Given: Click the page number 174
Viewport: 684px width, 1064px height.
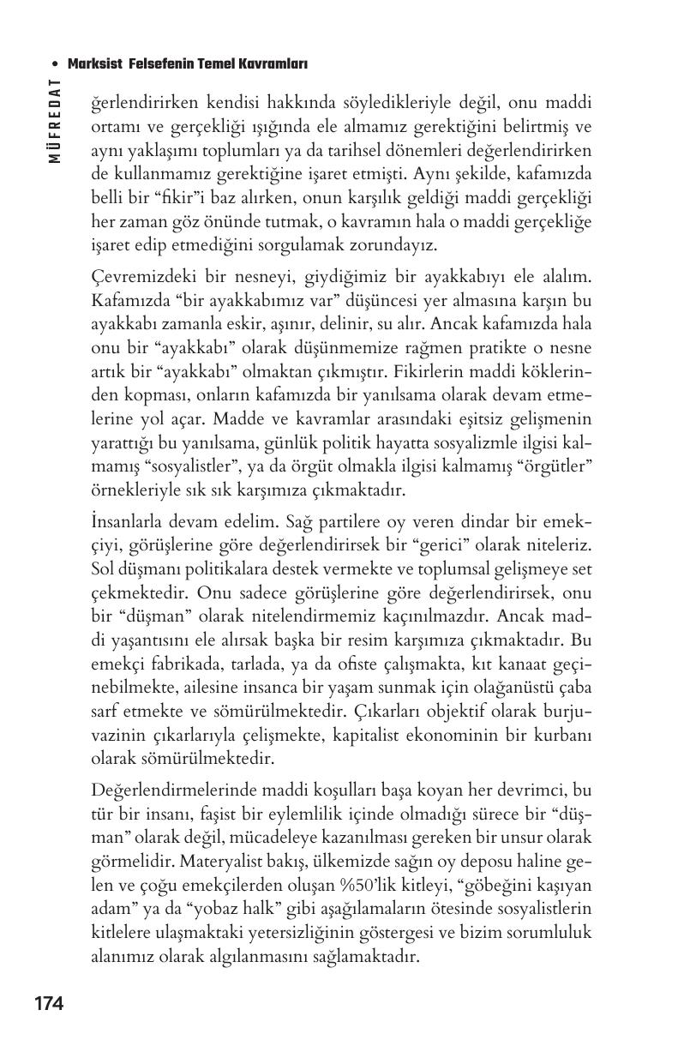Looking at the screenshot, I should point(49,1003).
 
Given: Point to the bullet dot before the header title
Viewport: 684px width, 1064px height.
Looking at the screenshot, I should point(55,64).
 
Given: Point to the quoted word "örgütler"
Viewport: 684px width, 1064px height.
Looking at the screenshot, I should point(559,466).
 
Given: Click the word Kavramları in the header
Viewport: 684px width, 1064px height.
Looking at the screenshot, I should point(273,64).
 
